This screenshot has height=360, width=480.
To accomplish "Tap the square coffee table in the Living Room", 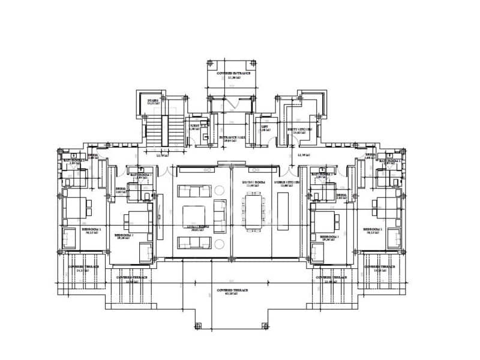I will [194, 215].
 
